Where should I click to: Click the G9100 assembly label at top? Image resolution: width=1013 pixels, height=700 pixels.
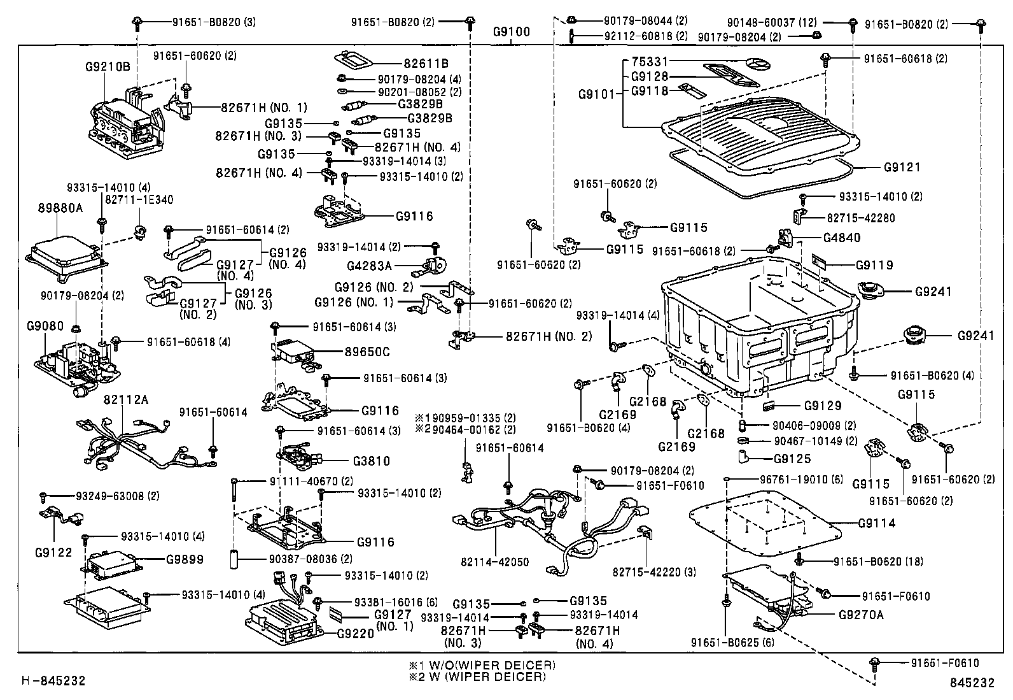point(511,32)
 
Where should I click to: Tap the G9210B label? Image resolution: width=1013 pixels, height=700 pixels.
point(107,66)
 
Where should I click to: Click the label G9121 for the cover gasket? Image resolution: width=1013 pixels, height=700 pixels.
point(902,168)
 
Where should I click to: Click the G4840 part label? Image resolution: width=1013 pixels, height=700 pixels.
point(841,238)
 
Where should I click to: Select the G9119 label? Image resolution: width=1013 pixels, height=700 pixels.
point(874,265)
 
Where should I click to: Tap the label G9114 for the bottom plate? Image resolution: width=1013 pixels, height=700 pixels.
point(876,523)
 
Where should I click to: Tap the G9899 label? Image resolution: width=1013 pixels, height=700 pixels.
point(185,559)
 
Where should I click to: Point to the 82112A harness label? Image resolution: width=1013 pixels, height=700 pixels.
point(125,399)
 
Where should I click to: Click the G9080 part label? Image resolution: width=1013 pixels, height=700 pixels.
point(45,326)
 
